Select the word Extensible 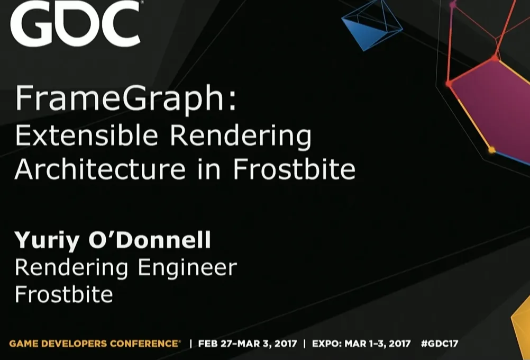pyautogui.click(x=87, y=136)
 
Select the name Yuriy pyautogui.click(x=47, y=241)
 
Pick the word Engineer pyautogui.click(x=187, y=268)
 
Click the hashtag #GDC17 pyautogui.click(x=440, y=344)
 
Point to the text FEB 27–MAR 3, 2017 pyautogui.click(x=248, y=344)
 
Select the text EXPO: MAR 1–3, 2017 pyautogui.click(x=361, y=344)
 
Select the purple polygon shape pyautogui.click(x=491, y=109)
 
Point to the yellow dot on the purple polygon pyautogui.click(x=492, y=149)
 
